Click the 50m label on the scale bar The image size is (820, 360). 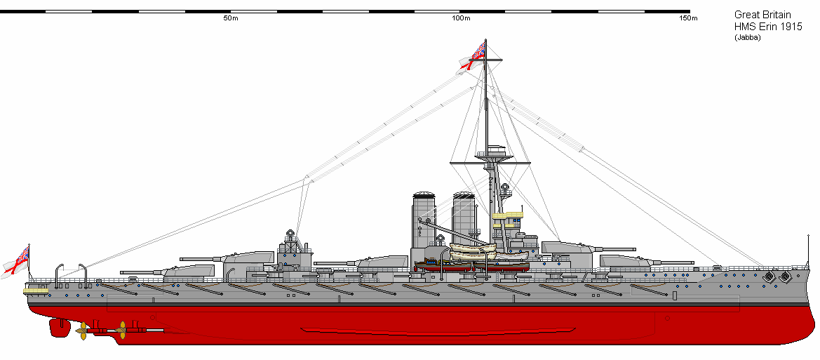point(231,18)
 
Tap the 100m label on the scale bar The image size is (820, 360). point(461,18)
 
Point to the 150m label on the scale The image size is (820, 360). point(688,18)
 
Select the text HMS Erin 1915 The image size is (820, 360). point(767,26)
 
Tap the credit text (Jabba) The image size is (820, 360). point(747,38)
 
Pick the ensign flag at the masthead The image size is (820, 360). point(474,56)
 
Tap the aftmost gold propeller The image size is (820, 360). point(83,331)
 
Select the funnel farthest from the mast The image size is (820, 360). point(422,220)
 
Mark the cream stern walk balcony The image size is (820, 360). point(35,288)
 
